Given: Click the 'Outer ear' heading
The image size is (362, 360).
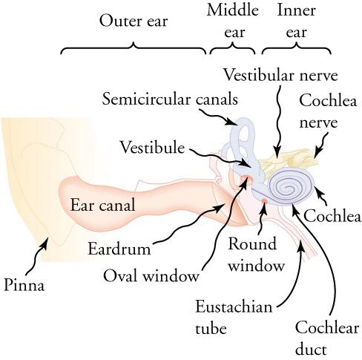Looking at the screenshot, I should coord(134,21).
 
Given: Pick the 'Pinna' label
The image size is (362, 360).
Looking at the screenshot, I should coord(24,284).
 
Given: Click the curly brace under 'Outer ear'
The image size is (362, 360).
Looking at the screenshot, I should coord(134,49).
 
